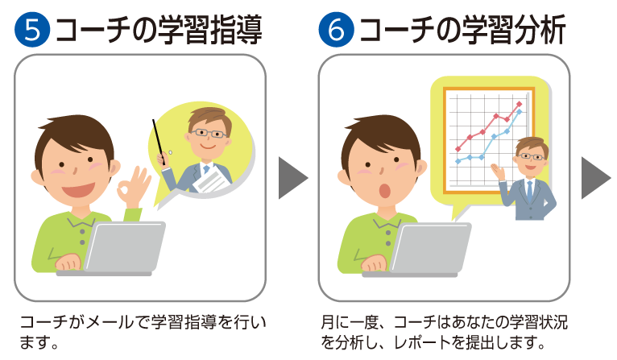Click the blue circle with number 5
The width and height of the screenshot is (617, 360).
click(32, 30)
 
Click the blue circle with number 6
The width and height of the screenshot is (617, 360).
click(337, 30)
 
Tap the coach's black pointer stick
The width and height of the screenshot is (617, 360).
click(158, 142)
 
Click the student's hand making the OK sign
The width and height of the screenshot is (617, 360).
click(135, 187)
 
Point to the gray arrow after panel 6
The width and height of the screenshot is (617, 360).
click(596, 178)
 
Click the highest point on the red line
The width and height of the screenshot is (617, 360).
click(520, 104)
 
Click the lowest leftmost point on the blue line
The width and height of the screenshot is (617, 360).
click(458, 161)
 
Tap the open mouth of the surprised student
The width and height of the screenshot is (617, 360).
click(384, 191)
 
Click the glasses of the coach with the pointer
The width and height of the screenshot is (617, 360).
click(207, 133)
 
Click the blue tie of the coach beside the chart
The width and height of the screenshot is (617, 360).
click(530, 191)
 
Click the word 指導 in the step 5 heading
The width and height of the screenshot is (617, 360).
click(236, 30)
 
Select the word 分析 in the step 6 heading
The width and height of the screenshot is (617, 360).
click(540, 30)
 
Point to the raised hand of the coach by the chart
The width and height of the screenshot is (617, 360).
click(498, 172)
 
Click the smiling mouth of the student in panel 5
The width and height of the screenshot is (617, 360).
click(78, 190)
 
